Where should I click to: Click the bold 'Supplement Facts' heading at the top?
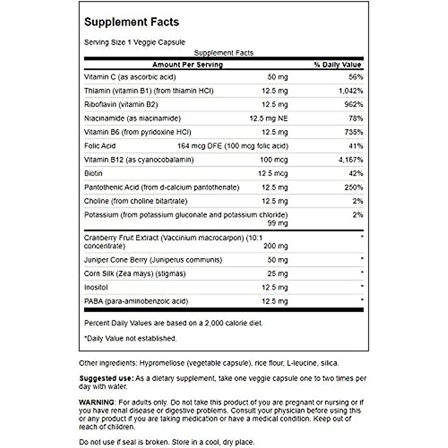pos(131,22)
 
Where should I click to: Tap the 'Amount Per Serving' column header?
pos(187,65)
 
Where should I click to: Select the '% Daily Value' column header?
pos(337,65)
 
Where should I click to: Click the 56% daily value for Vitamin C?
pos(356,77)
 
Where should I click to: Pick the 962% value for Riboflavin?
pos(354,105)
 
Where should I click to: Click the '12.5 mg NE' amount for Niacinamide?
pos(268,118)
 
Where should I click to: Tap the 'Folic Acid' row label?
pos(100,146)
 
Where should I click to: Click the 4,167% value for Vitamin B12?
pos(351,160)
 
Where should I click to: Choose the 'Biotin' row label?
pos(93,174)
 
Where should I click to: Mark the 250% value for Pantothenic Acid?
pos(354,187)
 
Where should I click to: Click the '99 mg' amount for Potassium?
pos(277,223)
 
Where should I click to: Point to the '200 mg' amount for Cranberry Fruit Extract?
pos(275,246)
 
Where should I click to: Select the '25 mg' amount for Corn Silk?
pos(277,274)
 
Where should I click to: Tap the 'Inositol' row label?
pos(96,287)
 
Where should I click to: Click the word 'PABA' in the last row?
pos(93,301)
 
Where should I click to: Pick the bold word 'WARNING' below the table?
pos(97,402)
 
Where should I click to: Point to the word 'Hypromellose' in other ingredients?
pos(161,363)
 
